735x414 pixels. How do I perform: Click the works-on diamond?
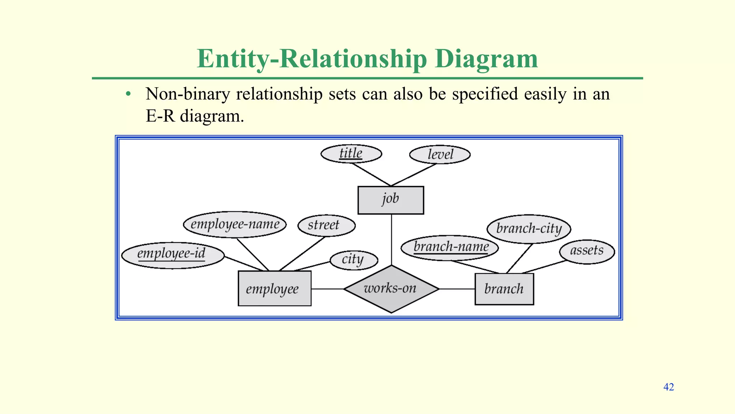pos(391,289)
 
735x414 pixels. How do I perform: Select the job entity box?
pos(390,200)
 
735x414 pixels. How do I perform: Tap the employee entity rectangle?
pos(275,289)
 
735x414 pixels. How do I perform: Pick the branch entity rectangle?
pos(504,289)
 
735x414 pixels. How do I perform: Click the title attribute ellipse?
pos(351,154)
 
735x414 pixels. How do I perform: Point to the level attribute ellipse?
pos(440,155)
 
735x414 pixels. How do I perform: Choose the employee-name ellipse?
pos(235,225)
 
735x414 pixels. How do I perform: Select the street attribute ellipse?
pos(326,225)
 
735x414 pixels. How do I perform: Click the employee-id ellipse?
pos(173,255)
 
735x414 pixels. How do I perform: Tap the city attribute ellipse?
pos(354,260)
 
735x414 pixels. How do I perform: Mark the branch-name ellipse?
pos(450,248)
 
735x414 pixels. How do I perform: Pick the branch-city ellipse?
pos(529,229)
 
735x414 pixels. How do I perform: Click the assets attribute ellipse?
pos(587,251)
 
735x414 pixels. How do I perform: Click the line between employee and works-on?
pos(327,289)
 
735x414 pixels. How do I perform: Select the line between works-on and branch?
pos(457,289)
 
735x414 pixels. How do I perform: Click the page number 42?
pos(669,387)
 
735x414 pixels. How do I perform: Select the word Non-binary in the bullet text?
pos(187,95)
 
